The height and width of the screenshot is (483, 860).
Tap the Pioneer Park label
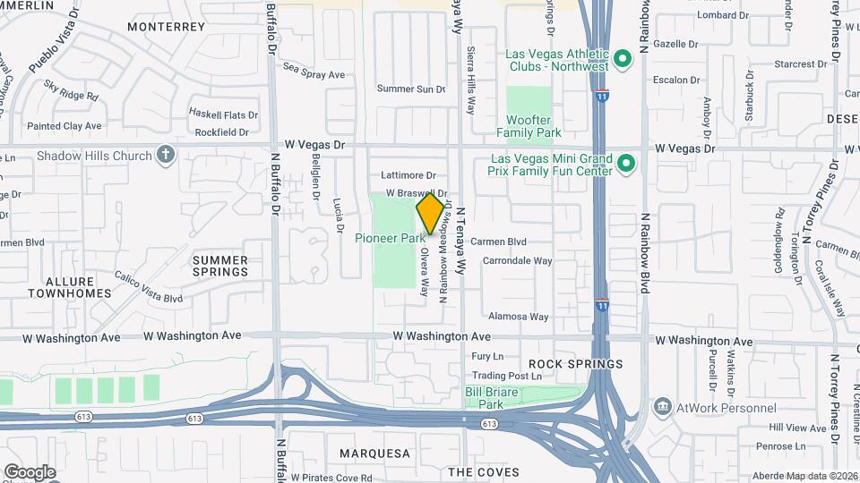[390, 239]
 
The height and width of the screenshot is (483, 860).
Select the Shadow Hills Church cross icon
[165, 156]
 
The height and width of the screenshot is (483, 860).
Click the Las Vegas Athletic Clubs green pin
[624, 60]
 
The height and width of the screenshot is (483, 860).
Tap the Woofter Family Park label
[529, 126]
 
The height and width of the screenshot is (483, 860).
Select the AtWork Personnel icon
[662, 408]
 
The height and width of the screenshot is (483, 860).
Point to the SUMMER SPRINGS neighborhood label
[220, 266]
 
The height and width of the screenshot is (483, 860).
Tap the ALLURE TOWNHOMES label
[70, 287]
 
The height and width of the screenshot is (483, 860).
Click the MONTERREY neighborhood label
[167, 27]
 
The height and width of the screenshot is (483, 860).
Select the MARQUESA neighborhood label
[374, 453]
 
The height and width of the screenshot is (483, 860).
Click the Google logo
[30, 471]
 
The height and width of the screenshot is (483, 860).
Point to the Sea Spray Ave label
[314, 75]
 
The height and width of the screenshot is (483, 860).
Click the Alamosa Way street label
[518, 317]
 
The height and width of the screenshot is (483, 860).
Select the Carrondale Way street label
[518, 261]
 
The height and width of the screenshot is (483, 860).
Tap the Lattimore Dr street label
[408, 175]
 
